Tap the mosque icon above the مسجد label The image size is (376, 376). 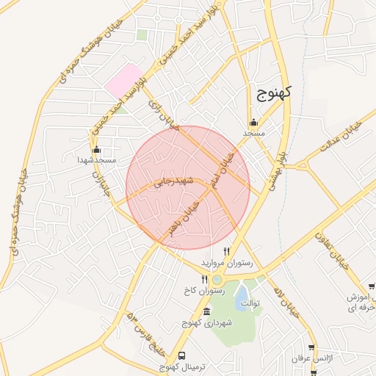point(253,123)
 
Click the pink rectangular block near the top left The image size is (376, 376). point(124,79)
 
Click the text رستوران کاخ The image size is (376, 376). point(204,291)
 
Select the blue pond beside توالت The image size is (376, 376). point(241,297)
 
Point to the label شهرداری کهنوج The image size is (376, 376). point(209,323)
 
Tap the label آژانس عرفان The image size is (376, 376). point(310,358)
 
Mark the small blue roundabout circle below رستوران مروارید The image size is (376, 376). point(217,279)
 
